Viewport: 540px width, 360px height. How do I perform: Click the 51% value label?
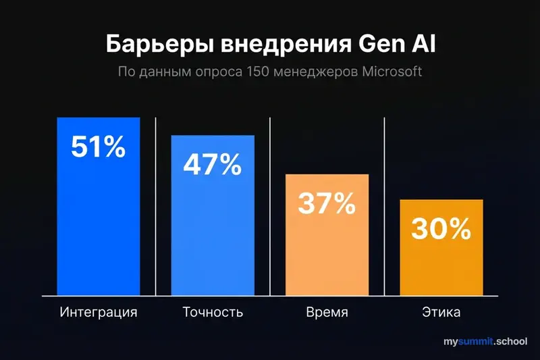click(x=99, y=147)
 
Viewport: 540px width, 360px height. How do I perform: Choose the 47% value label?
click(x=212, y=165)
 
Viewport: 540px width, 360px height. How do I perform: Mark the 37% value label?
click(x=327, y=203)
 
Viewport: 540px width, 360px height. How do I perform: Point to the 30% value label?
click(x=441, y=230)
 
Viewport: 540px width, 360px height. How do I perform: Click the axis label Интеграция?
click(x=99, y=313)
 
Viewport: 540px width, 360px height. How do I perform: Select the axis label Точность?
click(x=213, y=313)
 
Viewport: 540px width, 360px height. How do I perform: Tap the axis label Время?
click(x=327, y=313)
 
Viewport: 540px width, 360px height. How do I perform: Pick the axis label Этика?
click(x=441, y=313)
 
